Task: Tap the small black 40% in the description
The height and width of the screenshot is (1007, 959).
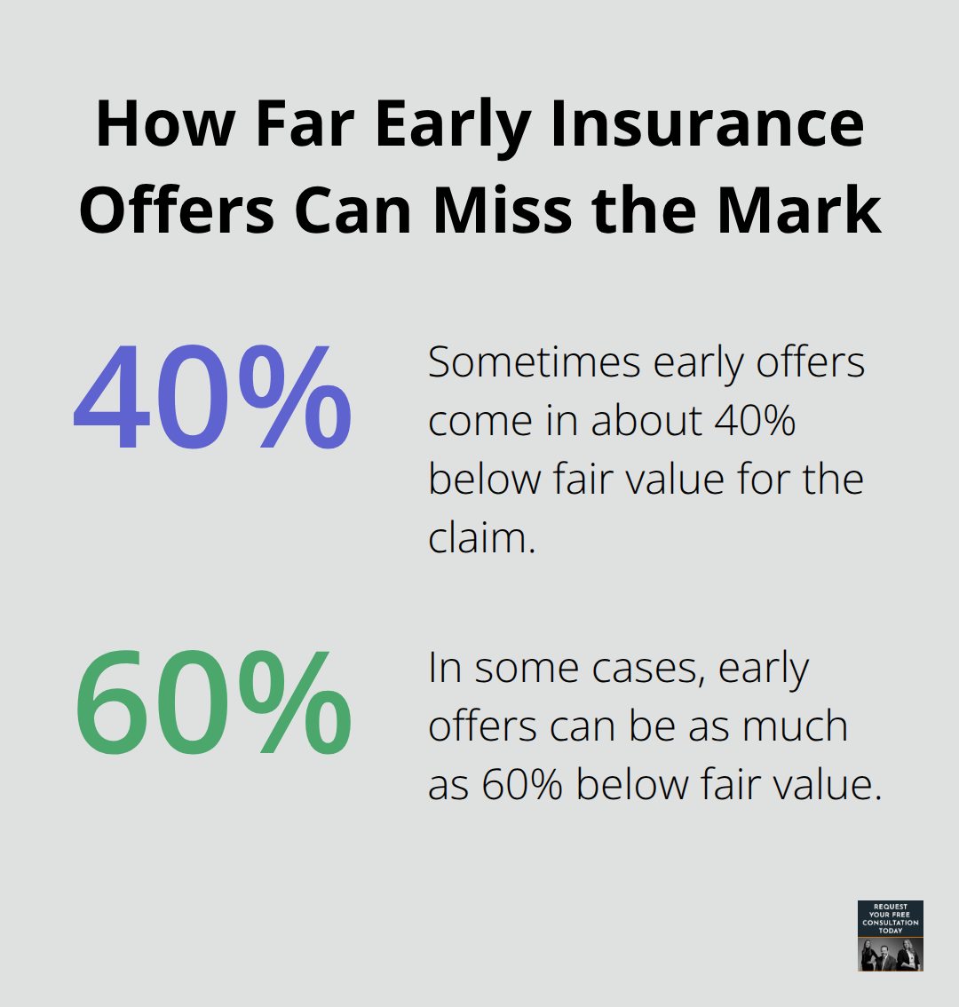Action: click(754, 421)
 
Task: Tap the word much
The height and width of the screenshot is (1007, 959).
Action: click(795, 727)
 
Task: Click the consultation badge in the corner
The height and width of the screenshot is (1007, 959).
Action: click(890, 935)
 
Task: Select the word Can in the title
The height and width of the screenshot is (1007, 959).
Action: click(354, 210)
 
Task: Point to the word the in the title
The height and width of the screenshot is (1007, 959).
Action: click(646, 210)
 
